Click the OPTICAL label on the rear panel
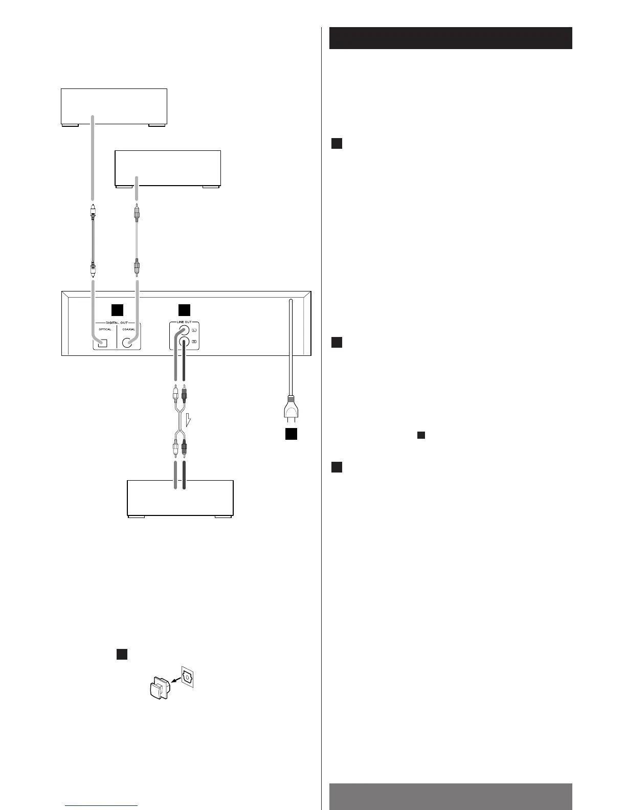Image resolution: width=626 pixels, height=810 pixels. [105, 329]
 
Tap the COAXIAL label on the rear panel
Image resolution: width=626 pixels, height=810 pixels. [129, 329]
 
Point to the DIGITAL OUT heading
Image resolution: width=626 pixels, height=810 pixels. [117, 323]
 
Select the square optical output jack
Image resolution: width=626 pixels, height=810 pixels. [103, 343]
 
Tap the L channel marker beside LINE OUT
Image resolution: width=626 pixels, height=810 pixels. [194, 331]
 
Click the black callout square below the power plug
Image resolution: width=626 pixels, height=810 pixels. [291, 434]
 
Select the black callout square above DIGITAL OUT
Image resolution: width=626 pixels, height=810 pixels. [118, 310]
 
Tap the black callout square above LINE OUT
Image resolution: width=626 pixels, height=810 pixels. [184, 310]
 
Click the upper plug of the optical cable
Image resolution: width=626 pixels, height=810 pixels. [93, 210]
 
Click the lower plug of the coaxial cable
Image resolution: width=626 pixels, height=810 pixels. [137, 267]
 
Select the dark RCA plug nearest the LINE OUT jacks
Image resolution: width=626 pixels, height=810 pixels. [185, 393]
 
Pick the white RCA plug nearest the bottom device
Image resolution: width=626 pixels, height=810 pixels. [175, 448]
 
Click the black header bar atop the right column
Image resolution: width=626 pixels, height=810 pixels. [450, 38]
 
